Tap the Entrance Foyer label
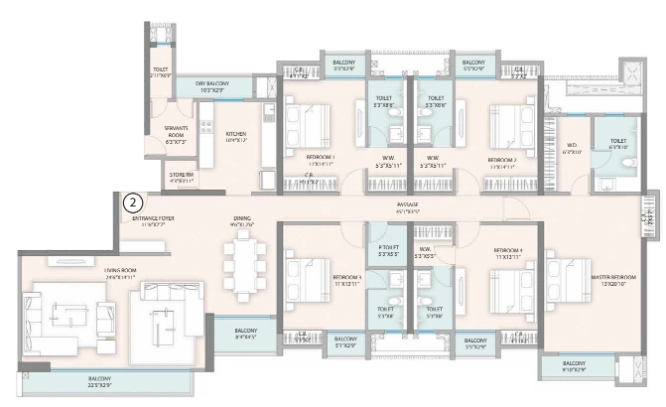click(x=153, y=221)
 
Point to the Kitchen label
click(x=236, y=136)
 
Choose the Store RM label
click(x=181, y=179)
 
